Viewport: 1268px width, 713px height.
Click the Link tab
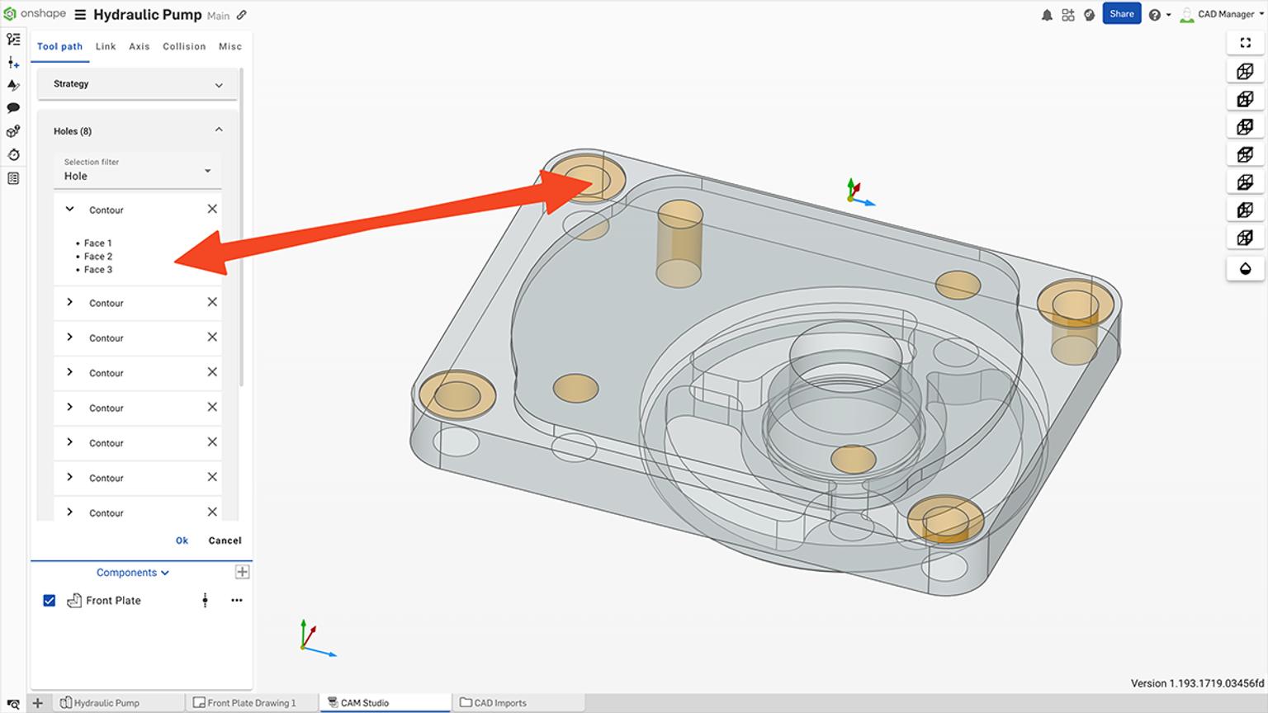tap(106, 47)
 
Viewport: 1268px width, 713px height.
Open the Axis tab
tap(140, 47)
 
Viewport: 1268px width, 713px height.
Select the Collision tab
tap(184, 47)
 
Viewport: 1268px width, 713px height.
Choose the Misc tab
tap(230, 47)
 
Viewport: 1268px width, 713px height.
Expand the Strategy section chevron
tap(219, 85)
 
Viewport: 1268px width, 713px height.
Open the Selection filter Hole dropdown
tap(207, 171)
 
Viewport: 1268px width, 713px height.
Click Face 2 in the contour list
tap(98, 257)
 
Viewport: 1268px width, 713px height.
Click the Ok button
tap(182, 541)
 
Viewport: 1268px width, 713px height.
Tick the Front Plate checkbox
tap(50, 601)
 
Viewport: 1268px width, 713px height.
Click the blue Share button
tap(1121, 14)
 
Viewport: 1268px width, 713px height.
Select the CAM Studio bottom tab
tap(364, 703)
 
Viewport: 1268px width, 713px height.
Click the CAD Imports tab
tap(499, 703)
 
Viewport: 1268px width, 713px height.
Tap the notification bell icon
tap(1047, 15)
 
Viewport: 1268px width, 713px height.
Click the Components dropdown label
tap(132, 573)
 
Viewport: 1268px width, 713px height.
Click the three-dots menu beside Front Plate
tap(237, 601)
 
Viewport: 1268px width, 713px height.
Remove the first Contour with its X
tap(212, 210)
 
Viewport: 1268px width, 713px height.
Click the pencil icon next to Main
tap(242, 15)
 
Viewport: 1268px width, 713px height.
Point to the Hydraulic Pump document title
tap(147, 15)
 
